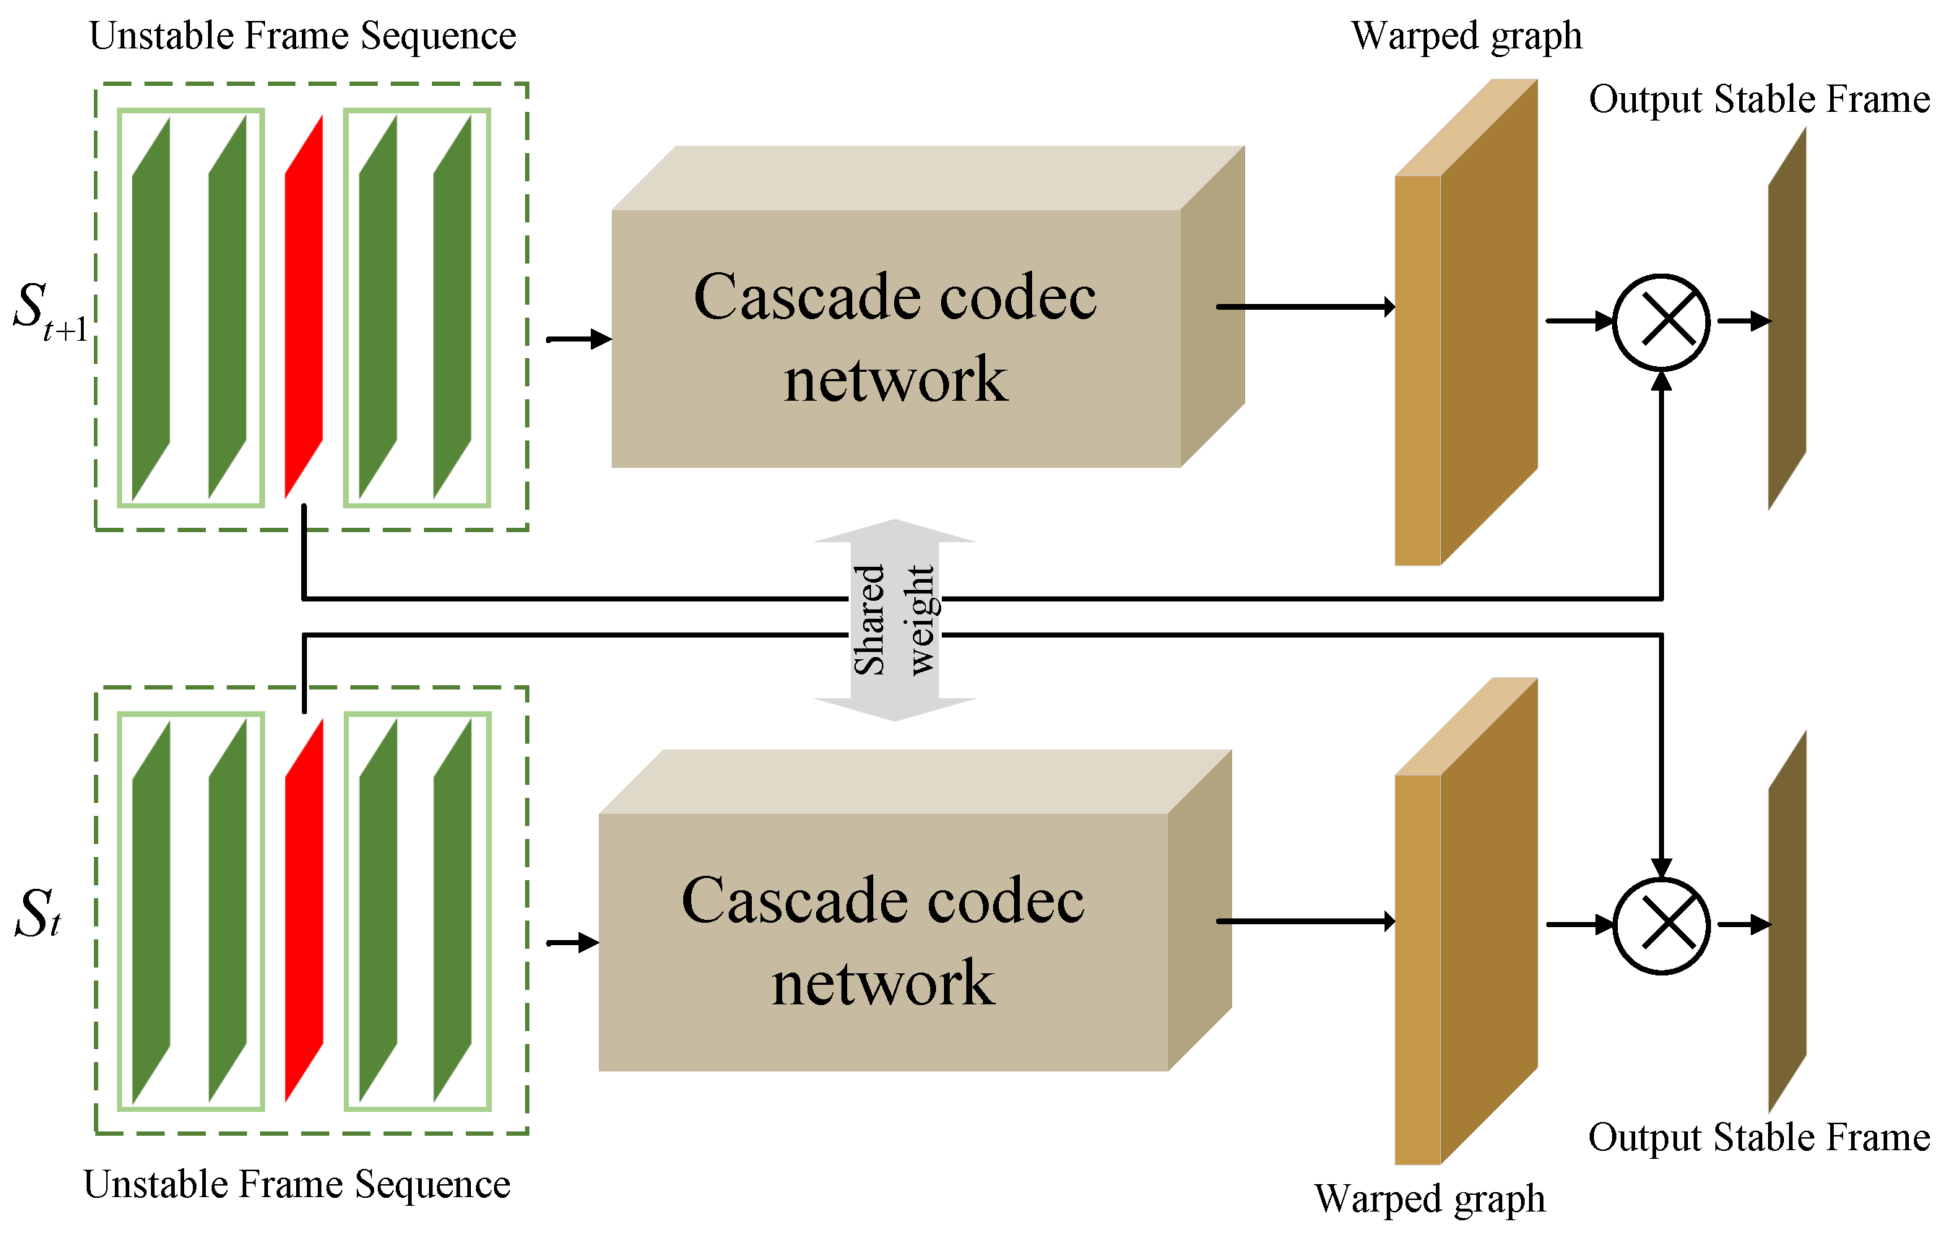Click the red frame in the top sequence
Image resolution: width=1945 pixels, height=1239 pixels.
304,307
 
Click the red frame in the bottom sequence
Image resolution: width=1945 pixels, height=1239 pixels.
304,910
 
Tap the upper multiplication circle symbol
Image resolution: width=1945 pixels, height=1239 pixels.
1660,322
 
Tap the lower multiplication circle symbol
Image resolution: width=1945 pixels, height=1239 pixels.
1660,926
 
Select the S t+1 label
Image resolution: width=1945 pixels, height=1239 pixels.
50,313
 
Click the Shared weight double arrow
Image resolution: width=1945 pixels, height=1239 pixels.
895,619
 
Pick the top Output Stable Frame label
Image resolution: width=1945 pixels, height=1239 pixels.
1759,100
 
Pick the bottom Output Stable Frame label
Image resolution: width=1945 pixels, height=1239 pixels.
1759,1137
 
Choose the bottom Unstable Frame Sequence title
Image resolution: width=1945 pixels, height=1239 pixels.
296,1185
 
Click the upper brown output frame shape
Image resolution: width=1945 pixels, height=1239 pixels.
1787,319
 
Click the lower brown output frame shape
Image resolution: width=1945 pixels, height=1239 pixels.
1787,922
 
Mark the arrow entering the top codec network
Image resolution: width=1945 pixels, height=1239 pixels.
579,339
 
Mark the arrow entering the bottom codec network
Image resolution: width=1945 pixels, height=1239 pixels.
573,942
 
